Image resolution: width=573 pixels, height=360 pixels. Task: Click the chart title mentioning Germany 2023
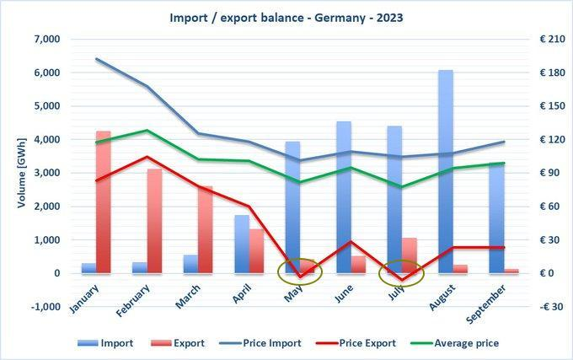coord(286,16)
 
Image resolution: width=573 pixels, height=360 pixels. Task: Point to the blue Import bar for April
coord(241,244)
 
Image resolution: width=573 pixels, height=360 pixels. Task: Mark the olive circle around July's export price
coord(401,273)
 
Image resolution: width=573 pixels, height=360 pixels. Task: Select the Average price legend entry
coord(464,343)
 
